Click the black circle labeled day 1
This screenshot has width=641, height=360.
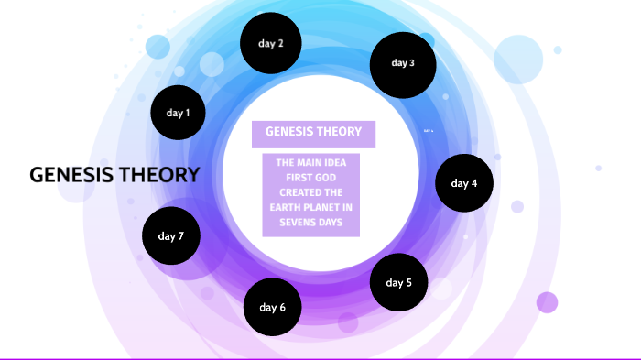tap(178, 113)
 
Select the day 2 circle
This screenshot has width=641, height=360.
tap(271, 44)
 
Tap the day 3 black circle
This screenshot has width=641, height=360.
tap(402, 63)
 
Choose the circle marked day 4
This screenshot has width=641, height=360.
tap(464, 183)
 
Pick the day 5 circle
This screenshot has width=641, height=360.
tap(399, 282)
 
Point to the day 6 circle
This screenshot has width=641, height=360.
tap(273, 307)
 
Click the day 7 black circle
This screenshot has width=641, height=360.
tap(171, 236)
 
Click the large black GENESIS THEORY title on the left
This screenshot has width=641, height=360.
tap(114, 174)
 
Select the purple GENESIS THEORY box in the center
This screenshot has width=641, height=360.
tap(313, 132)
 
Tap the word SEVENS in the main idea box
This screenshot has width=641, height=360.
tap(296, 221)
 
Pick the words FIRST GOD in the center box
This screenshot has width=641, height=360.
tap(311, 177)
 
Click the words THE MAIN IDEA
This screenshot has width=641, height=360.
tap(311, 162)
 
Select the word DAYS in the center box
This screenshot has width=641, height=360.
tap(330, 221)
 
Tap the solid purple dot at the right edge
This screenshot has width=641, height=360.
tap(547, 302)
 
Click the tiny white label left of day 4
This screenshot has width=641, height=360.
tap(428, 131)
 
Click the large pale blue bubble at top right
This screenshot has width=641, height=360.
tap(518, 60)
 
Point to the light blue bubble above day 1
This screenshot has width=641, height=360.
tap(158, 47)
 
